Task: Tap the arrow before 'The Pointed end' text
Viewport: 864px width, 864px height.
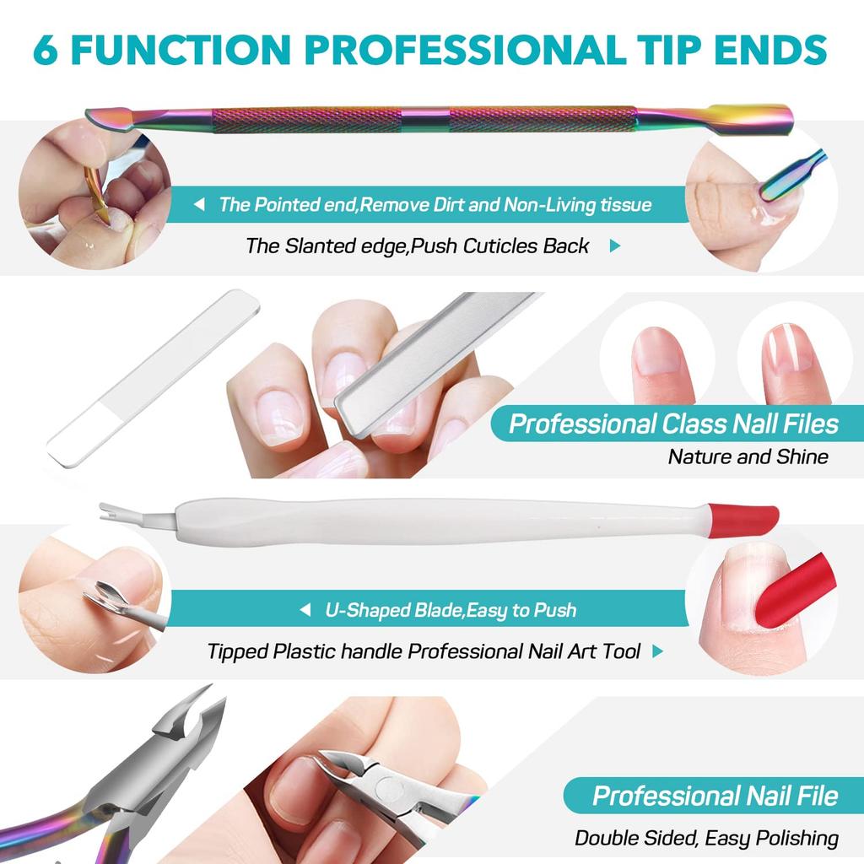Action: click(199, 204)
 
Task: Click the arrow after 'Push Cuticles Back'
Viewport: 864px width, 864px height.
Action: click(614, 246)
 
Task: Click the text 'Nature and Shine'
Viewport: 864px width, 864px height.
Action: click(748, 456)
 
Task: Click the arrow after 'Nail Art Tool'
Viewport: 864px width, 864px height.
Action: click(657, 651)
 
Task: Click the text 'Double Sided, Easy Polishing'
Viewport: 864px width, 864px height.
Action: click(706, 838)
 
